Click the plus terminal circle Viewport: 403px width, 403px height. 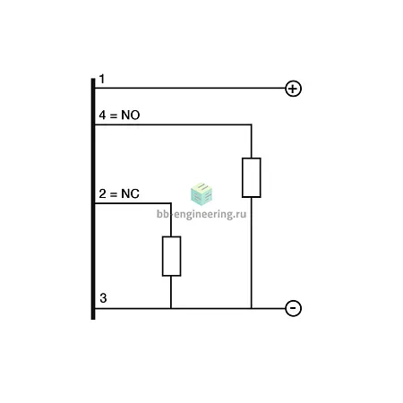(x=293, y=89)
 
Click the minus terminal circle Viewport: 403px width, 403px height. (x=293, y=308)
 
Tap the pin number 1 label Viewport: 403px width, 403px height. (x=102, y=79)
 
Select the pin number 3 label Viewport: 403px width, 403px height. (x=103, y=298)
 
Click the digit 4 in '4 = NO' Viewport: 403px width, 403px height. (x=102, y=116)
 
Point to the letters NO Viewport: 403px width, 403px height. (x=131, y=116)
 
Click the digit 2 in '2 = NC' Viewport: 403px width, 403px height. (x=102, y=193)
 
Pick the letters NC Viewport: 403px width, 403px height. (x=130, y=193)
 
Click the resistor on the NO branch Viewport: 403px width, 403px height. (x=252, y=177)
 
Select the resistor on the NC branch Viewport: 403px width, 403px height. (x=171, y=256)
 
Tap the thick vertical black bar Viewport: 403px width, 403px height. (x=93, y=199)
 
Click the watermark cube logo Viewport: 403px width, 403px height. (x=201, y=194)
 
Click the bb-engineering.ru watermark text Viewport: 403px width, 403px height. (x=201, y=214)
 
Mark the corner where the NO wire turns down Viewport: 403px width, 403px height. (x=252, y=124)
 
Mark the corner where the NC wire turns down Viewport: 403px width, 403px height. (x=171, y=203)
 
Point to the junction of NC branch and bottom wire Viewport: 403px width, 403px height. (x=171, y=308)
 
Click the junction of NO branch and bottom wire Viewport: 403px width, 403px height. (x=252, y=308)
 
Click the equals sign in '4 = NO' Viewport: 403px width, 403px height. (x=114, y=116)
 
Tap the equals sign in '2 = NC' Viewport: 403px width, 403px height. (x=114, y=194)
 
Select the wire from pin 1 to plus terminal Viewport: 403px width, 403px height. (x=190, y=88)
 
